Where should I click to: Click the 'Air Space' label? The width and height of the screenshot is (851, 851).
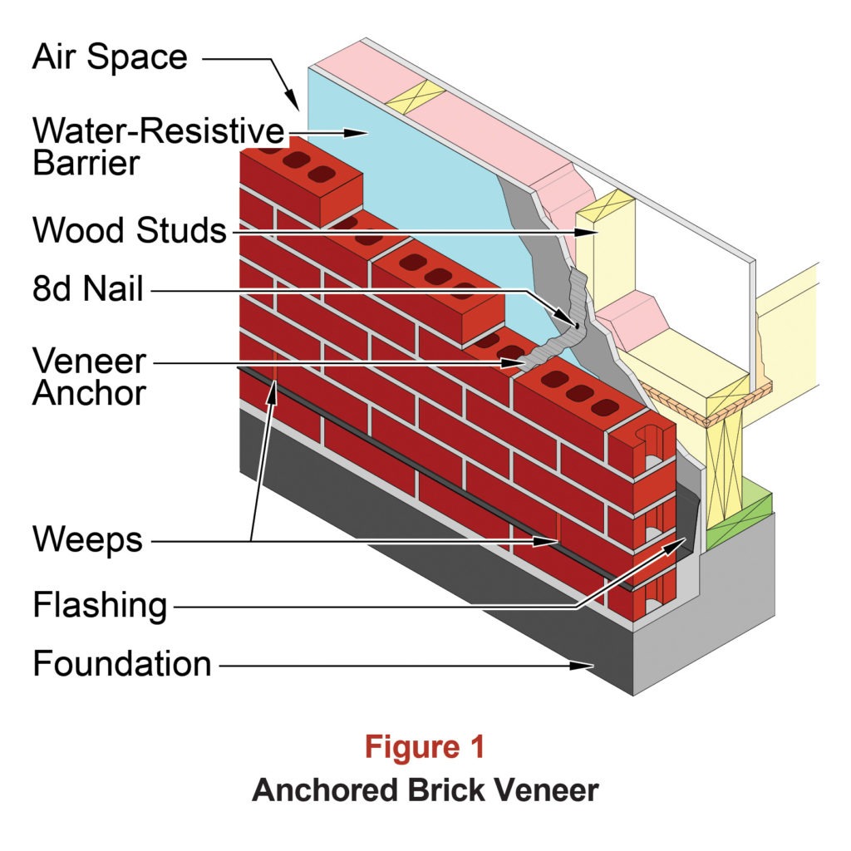pyautogui.click(x=111, y=59)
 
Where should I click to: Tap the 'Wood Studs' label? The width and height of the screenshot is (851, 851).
pyautogui.click(x=130, y=230)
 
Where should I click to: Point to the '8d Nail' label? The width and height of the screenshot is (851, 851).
pyautogui.click(x=88, y=290)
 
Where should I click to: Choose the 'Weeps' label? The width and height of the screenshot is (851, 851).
pyautogui.click(x=87, y=540)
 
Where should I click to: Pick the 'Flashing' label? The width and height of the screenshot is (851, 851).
pyautogui.click(x=100, y=604)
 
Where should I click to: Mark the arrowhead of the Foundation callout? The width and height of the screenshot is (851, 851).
pyautogui.click(x=586, y=665)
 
